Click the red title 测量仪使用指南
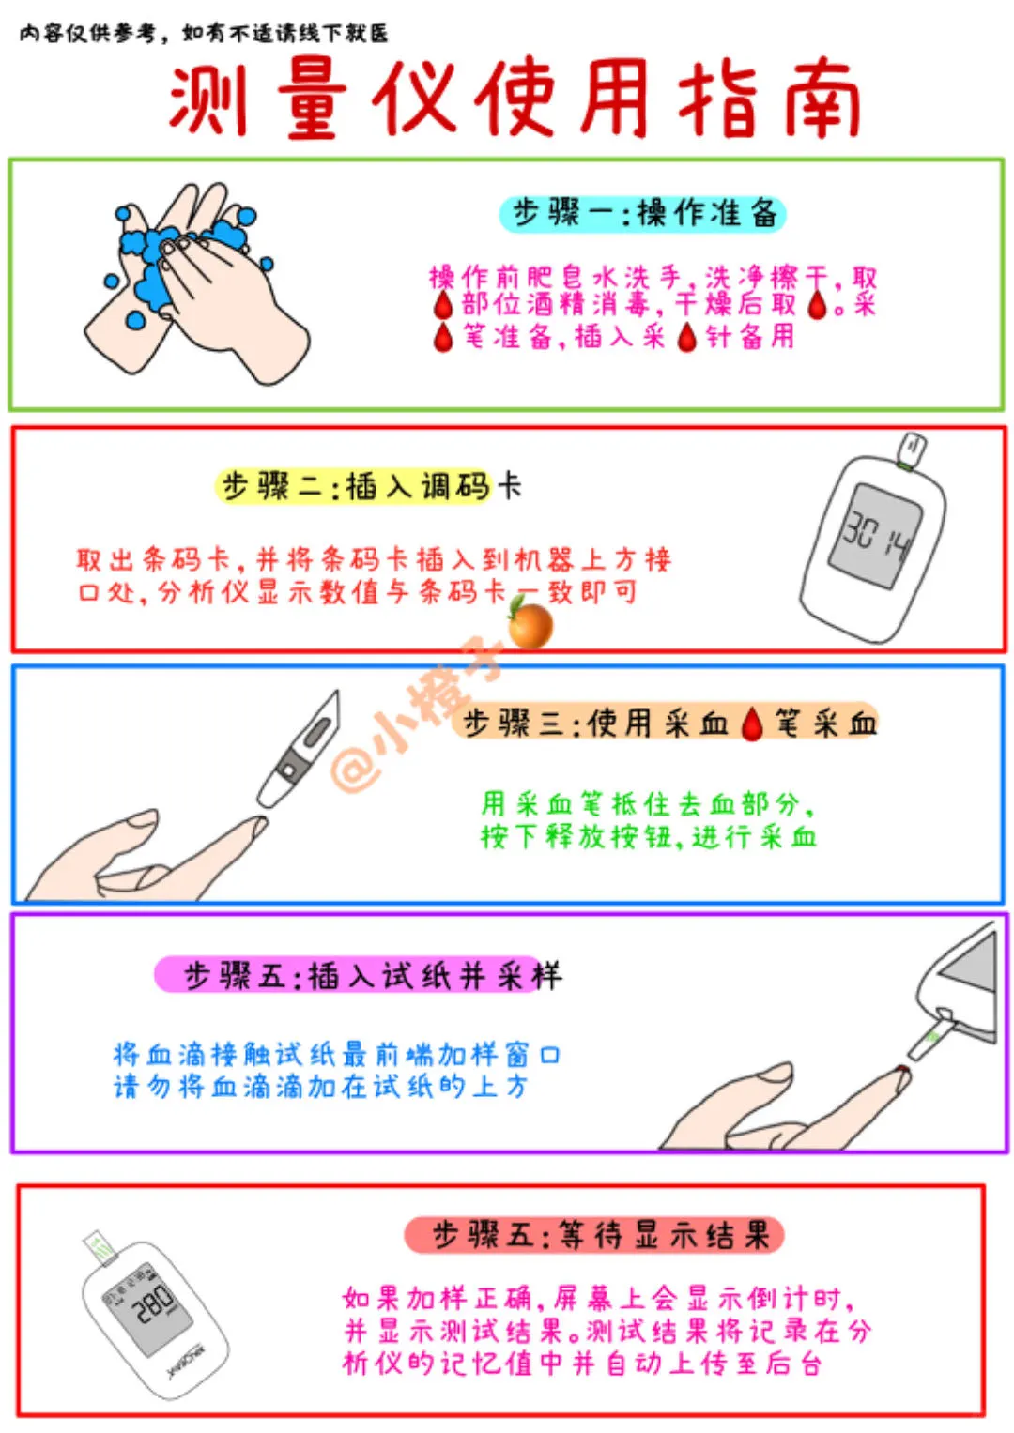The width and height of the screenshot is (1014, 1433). click(515, 98)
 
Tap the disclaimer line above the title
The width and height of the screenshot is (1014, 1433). click(204, 33)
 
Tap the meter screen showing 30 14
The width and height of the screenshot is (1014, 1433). click(875, 536)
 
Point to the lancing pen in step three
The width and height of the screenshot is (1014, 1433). click(299, 749)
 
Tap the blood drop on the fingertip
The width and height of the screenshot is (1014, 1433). click(902, 1069)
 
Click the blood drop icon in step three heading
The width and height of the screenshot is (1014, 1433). click(751, 724)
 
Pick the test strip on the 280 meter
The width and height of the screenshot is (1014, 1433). click(100, 1246)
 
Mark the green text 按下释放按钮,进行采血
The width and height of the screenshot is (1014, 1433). click(648, 836)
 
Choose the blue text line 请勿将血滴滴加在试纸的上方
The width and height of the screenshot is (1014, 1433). click(320, 1087)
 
